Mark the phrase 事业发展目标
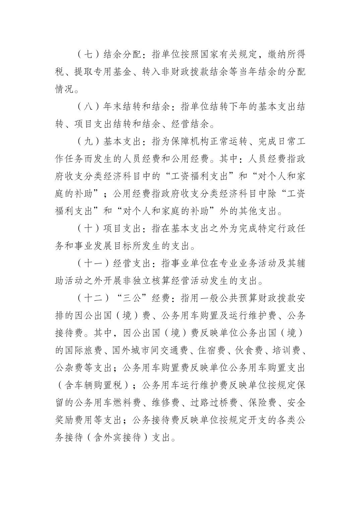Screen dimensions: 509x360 tap(112, 246)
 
